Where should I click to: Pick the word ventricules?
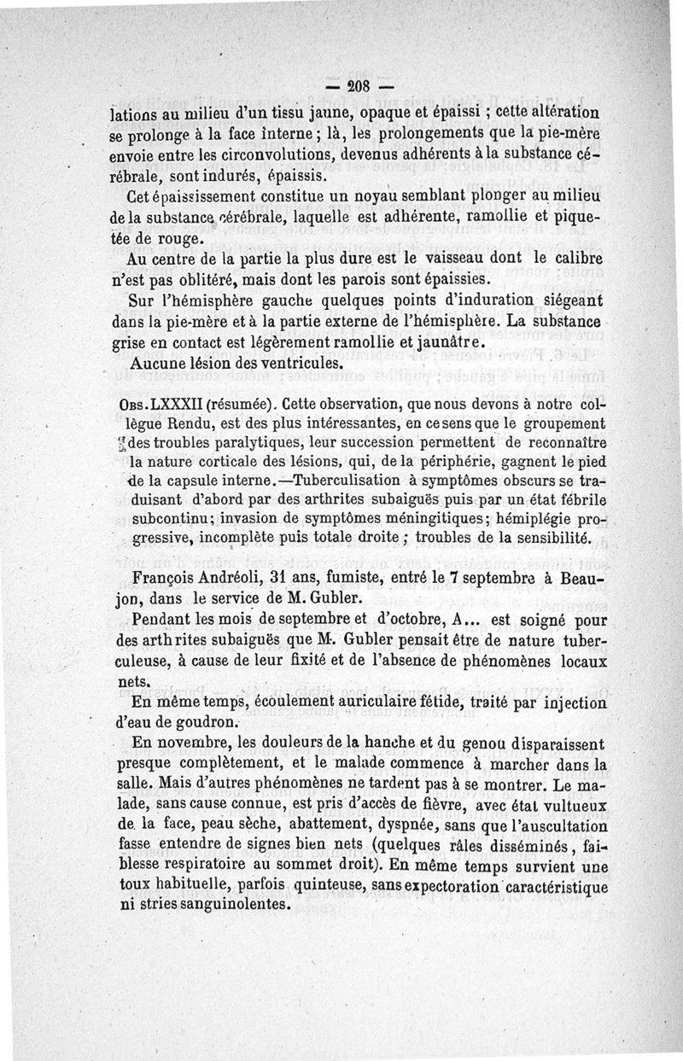pos(290,362)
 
